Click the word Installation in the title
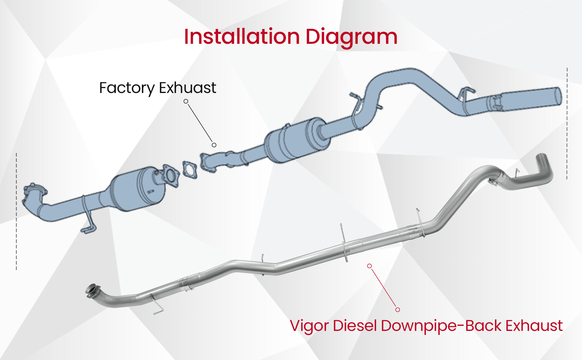(x=242, y=37)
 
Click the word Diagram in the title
(x=351, y=37)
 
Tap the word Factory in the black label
(x=127, y=88)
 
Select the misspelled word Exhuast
(x=187, y=88)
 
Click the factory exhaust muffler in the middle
(x=295, y=141)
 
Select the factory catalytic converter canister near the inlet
(x=138, y=189)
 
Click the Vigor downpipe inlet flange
(x=92, y=290)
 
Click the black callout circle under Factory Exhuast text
(x=186, y=101)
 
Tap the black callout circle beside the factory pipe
(x=214, y=145)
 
